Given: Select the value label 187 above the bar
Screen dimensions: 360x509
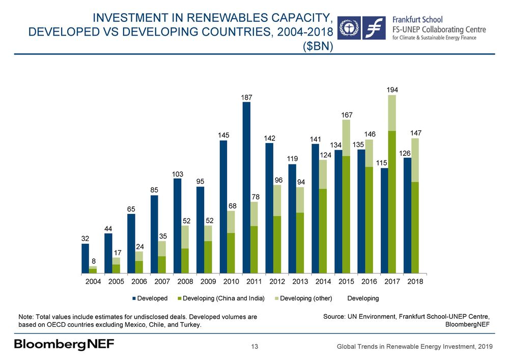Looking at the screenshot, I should (246, 97).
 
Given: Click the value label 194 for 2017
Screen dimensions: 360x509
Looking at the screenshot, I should (392, 90).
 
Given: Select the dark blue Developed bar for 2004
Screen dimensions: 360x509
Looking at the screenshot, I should (85, 258).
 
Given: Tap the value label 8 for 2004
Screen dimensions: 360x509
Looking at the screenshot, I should (93, 261).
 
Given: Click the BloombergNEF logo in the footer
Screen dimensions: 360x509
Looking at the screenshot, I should (64, 345).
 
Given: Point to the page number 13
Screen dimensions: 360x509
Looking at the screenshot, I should (255, 347).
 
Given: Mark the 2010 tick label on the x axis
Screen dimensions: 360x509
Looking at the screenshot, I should (232, 281).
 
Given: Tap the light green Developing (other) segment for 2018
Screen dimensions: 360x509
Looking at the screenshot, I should (415, 160).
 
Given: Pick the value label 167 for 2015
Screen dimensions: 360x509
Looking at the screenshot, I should (346, 115).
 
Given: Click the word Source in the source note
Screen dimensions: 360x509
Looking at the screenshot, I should (334, 316).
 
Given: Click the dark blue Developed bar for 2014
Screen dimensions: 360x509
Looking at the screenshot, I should (315, 208).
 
